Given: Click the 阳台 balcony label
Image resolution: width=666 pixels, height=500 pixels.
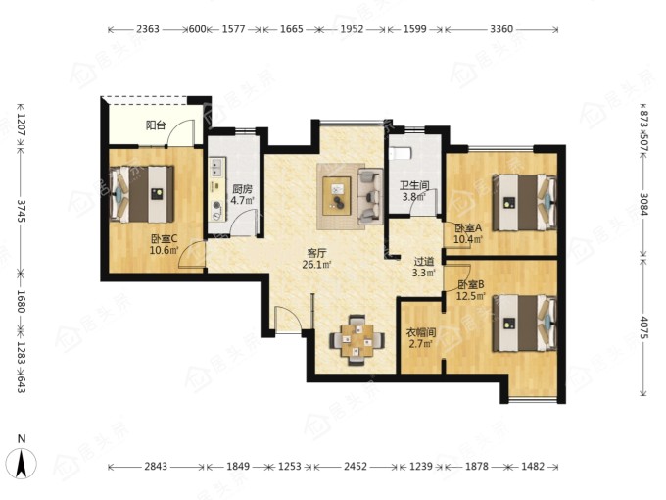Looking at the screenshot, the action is [156, 125].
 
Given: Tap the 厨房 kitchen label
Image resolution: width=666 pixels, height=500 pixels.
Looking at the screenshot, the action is [243, 189].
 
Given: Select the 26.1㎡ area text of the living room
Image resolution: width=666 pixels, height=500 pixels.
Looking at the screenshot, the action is [316, 265].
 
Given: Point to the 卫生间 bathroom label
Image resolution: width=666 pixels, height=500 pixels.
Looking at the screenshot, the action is [414, 185].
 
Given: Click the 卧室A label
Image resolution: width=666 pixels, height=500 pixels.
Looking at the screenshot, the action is [468, 228].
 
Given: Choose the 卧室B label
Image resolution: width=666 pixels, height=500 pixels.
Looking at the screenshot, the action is [471, 284].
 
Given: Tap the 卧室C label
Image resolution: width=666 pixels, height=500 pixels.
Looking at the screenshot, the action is [165, 238].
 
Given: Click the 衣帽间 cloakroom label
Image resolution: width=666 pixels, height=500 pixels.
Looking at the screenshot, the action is [421, 332].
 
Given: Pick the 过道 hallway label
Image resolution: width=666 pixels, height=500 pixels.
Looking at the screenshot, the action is [424, 262].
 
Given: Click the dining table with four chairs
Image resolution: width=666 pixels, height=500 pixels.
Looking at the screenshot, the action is [357, 340].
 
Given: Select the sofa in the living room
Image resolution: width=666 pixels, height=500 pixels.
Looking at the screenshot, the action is [370, 196].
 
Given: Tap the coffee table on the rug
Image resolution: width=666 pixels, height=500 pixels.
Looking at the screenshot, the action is [336, 195].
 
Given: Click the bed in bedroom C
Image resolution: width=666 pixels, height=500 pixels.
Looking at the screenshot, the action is [142, 194].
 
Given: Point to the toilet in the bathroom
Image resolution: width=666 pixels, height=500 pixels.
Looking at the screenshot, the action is [401, 153].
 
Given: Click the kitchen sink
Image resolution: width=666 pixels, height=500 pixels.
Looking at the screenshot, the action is [216, 167].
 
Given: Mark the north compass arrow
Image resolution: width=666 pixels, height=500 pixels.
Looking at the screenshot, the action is [23, 464].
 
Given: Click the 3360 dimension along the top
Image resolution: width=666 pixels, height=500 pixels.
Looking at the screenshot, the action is [501, 29].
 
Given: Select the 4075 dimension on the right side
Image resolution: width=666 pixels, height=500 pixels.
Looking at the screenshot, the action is [643, 327].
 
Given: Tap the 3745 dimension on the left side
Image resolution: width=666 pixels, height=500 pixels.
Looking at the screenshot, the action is [21, 211].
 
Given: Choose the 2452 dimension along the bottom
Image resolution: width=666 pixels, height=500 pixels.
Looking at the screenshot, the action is [356, 467].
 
